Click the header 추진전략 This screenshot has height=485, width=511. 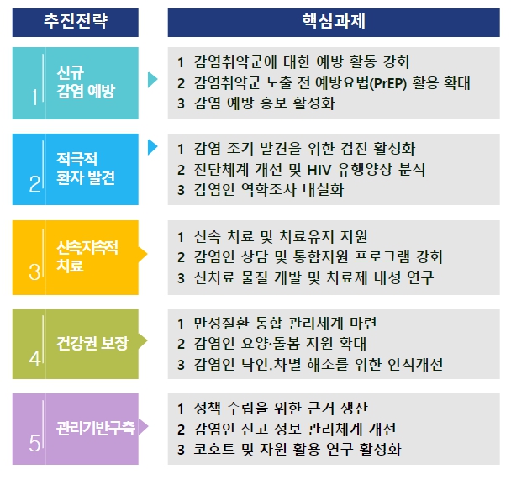(x=76, y=21)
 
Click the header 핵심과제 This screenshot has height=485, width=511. (x=334, y=21)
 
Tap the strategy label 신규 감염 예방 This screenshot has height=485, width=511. (x=86, y=82)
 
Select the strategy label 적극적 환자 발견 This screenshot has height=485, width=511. (x=86, y=168)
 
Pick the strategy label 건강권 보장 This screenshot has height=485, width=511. (x=92, y=343)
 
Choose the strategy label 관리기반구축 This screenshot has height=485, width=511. (x=96, y=428)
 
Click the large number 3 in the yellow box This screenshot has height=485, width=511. (x=34, y=272)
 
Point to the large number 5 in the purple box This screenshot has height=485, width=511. (x=34, y=443)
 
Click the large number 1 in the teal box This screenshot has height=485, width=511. (x=34, y=98)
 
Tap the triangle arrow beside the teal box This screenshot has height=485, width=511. (x=152, y=80)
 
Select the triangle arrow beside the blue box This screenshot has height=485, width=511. (x=152, y=147)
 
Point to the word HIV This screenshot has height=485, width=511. (x=319, y=170)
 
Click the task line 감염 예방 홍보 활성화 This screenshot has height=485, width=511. (x=264, y=103)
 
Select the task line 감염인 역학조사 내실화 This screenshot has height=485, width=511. (x=269, y=190)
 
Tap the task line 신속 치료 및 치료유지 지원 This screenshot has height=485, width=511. (x=281, y=237)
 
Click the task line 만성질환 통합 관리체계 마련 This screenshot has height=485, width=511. (x=285, y=324)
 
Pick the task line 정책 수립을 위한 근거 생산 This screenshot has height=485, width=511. (x=281, y=409)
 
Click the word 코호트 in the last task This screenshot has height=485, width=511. (x=214, y=450)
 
